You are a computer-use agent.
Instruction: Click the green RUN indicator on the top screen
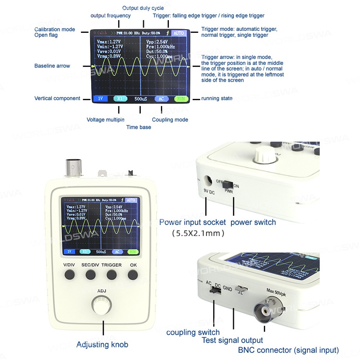tap(181, 99)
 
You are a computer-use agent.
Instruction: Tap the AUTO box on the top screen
tap(179, 33)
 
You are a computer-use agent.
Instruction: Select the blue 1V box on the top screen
tap(100, 99)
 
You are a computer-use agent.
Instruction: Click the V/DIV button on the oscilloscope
tap(69, 275)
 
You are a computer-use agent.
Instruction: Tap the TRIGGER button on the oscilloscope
tap(112, 275)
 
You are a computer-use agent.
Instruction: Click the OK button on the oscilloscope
tap(132, 275)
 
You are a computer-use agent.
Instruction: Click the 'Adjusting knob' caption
tap(102, 345)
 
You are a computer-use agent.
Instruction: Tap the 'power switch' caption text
tap(253, 222)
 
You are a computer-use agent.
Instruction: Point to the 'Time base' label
tap(139, 127)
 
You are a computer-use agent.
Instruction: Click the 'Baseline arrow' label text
tap(52, 66)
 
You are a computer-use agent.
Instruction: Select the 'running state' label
tap(217, 98)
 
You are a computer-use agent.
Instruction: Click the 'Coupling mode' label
tap(170, 120)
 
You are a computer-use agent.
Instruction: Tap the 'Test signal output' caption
tap(232, 340)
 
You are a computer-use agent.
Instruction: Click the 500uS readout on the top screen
tap(140, 99)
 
